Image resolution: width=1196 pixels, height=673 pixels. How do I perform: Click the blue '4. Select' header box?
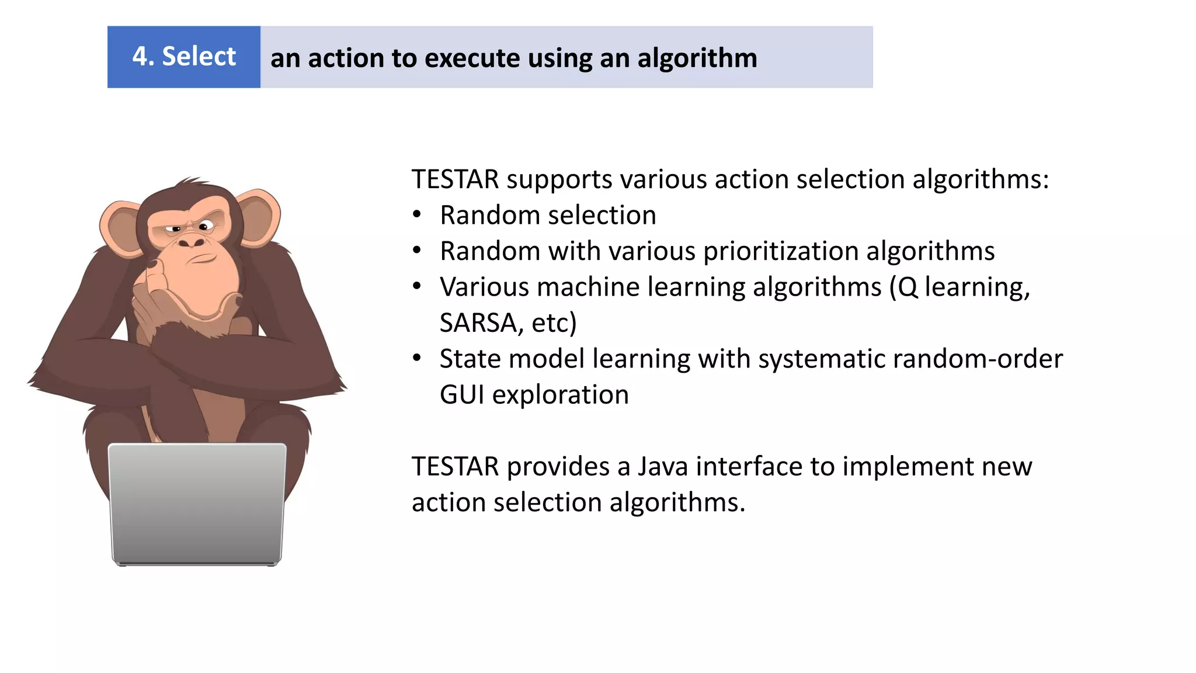click(x=183, y=57)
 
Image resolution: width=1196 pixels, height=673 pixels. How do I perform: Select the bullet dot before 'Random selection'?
click(x=416, y=214)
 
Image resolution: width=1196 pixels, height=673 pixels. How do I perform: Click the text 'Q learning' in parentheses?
click(x=960, y=287)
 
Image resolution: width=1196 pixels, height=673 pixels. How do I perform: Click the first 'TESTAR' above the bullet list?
click(x=455, y=179)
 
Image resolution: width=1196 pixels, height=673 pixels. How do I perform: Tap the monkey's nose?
click(x=192, y=241)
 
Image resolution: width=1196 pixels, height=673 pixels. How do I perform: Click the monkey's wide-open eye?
click(x=206, y=226)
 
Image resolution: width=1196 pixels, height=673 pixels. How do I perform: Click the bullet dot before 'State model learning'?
click(x=416, y=358)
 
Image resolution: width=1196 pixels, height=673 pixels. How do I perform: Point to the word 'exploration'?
click(x=560, y=395)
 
